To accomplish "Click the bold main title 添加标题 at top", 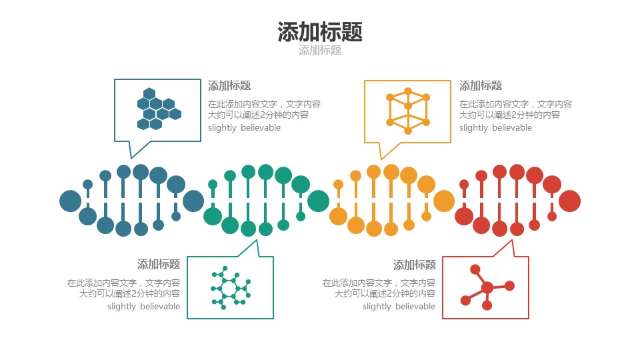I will tap(320, 31).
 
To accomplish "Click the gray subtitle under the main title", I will tap(320, 51).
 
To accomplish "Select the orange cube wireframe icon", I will tap(407, 109).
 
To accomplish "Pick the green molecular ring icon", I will tap(229, 288).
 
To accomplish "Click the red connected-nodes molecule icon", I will tap(486, 288).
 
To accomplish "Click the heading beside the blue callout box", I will tap(229, 86).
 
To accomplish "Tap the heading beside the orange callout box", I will tap(481, 86).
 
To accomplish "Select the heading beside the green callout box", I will tap(159, 265).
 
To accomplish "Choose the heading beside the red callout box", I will tap(415, 265).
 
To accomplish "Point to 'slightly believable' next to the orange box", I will tap(495, 128).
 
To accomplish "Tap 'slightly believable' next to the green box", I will tap(143, 307).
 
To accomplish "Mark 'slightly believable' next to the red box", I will tap(399, 307).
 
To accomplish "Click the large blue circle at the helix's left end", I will tap(70, 201).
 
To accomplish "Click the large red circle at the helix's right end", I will tap(570, 201).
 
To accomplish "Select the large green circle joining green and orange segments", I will tap(318, 201).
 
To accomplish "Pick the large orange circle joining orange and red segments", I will tap(444, 201).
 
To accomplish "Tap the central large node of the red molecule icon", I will tap(487, 288).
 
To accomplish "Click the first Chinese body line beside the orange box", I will tap(515, 104).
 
